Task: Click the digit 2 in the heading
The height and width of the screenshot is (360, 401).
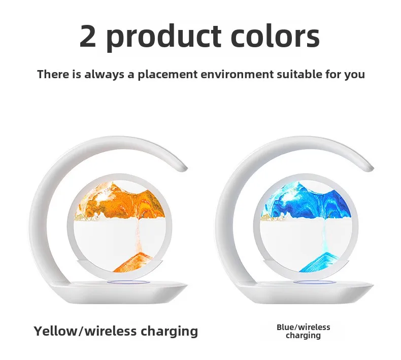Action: [x=88, y=36]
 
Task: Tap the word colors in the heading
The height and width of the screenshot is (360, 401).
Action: [x=275, y=36]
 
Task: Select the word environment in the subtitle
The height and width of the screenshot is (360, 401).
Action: [x=237, y=74]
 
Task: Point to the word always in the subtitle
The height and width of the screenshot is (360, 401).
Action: [x=106, y=75]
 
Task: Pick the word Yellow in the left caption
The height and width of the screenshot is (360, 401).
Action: [x=55, y=331]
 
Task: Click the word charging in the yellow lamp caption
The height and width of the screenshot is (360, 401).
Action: [x=170, y=332]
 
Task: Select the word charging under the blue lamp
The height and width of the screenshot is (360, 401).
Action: [x=303, y=336]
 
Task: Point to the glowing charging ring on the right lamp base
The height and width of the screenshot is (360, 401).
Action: [x=315, y=282]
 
